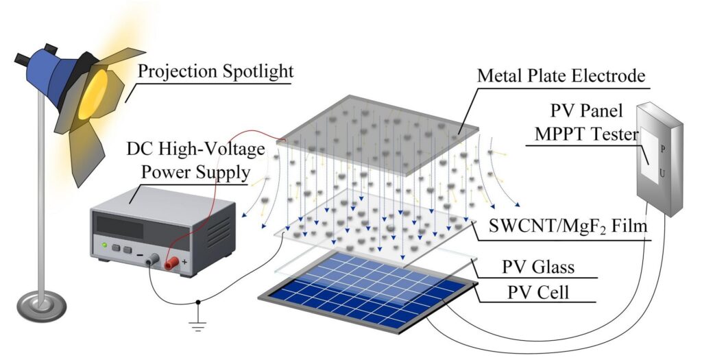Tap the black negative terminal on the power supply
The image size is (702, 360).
click(154, 259)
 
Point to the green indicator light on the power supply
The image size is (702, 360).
click(104, 245)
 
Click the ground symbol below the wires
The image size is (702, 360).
click(198, 324)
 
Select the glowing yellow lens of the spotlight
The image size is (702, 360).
click(93, 95)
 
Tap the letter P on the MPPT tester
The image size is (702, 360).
click(662, 149)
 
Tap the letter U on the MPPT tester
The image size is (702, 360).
click(662, 172)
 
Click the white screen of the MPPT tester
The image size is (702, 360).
click(649, 154)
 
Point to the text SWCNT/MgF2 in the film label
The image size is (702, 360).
click(547, 226)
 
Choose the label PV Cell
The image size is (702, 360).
click(537, 293)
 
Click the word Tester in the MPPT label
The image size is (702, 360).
click(614, 134)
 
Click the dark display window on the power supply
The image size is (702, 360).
click(120, 227)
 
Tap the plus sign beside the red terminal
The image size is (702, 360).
click(184, 262)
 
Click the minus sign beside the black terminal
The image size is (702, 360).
click(140, 255)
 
